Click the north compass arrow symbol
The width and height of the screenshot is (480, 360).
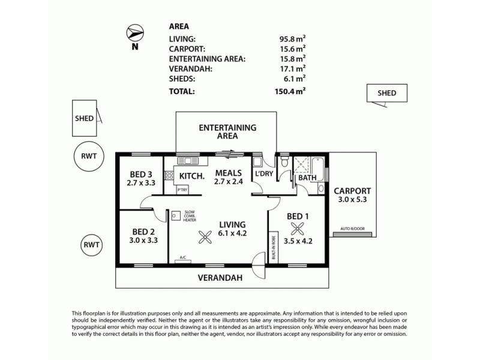pos(134,33)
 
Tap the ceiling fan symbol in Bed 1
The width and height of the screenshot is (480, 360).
pos(297,228)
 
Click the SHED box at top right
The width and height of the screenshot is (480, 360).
pos(386,93)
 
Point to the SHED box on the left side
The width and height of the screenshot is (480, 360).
pos(85,118)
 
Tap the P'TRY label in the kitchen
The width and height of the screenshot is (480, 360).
pos(182,190)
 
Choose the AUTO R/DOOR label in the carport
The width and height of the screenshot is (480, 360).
pos(353,229)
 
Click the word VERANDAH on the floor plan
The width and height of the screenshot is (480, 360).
pos(221,278)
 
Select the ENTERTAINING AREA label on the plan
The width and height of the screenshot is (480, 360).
pos(227,131)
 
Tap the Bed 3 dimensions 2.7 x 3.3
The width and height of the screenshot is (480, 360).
pos(141,184)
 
